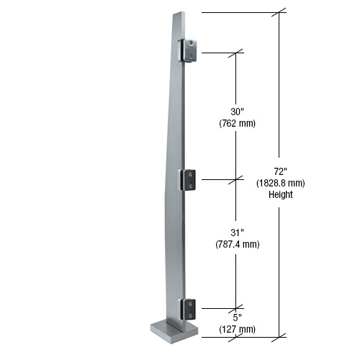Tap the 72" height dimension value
(x=280, y=171)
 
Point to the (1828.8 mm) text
(x=281, y=183)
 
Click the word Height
(x=280, y=194)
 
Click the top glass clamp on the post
(x=189, y=51)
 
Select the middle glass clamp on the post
(x=188, y=180)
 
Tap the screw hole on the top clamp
(x=191, y=45)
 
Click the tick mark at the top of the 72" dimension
(x=280, y=12)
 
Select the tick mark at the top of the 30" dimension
(x=237, y=53)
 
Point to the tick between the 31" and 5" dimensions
(x=237, y=308)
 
